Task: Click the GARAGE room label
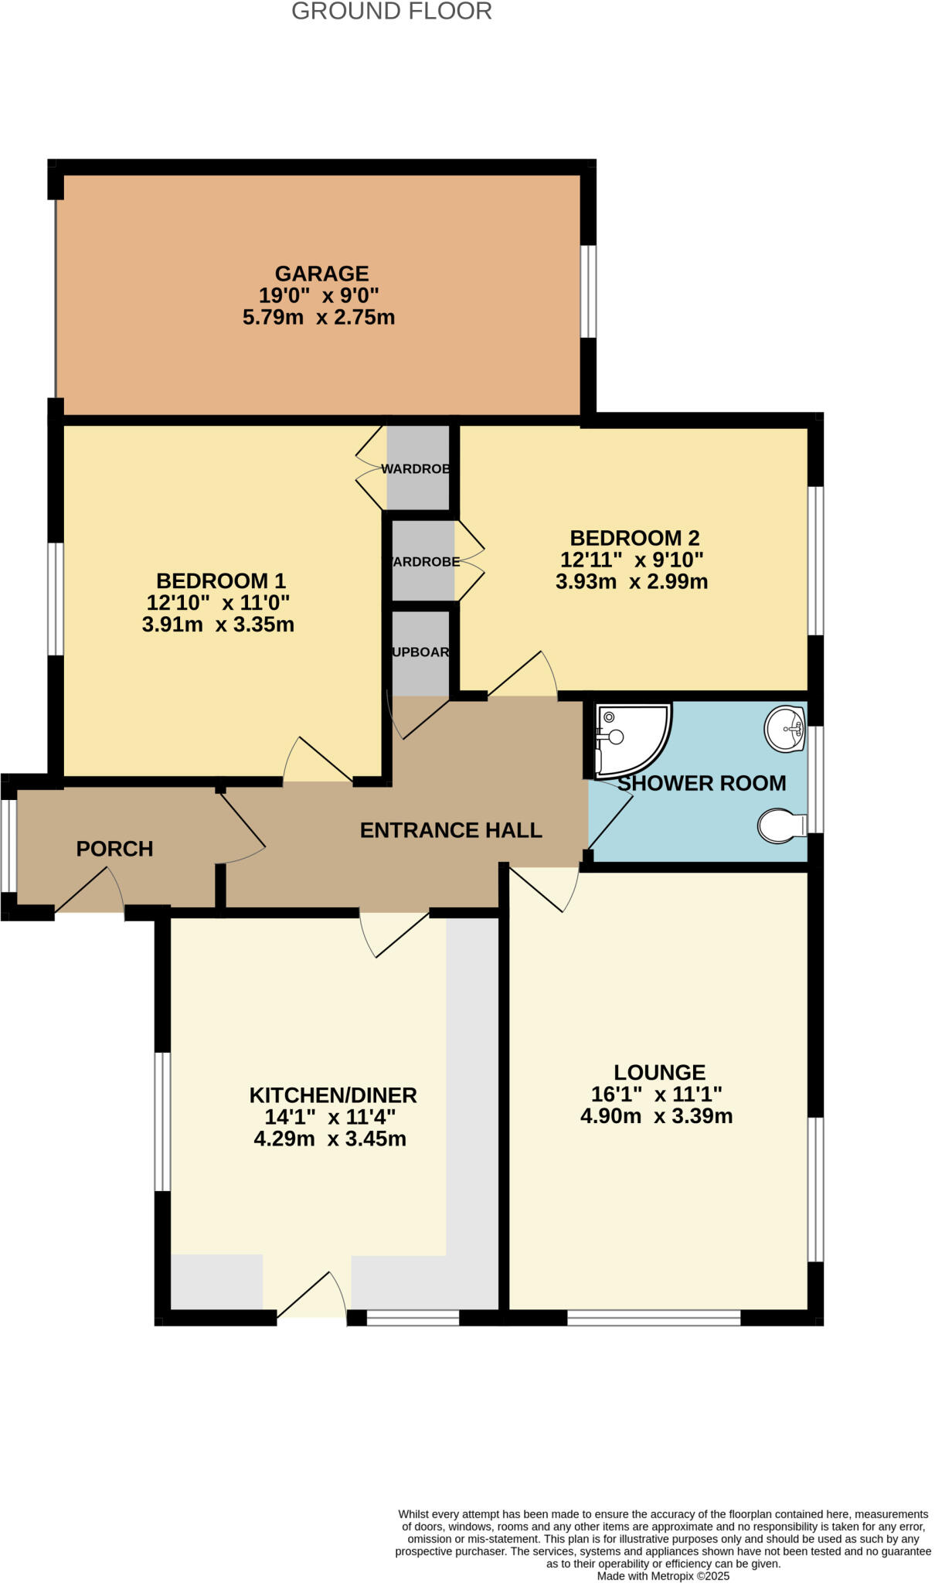point(321,274)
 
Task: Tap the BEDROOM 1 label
point(221,580)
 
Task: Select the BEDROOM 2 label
point(634,538)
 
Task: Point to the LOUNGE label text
point(659,1072)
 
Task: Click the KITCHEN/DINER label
point(332,1094)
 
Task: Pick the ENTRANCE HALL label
point(450,830)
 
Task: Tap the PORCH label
point(114,849)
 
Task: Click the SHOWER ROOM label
point(702,783)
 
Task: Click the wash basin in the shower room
point(785,728)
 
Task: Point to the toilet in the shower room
point(780,826)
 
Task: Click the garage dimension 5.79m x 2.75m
point(318,317)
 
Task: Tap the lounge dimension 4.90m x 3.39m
point(656,1115)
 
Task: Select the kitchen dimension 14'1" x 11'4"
point(330,1117)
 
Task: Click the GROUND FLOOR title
point(391,12)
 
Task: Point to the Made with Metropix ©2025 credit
point(663,1575)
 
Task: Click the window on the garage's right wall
point(588,291)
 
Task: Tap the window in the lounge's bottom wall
point(654,1317)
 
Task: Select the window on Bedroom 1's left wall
point(55,598)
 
